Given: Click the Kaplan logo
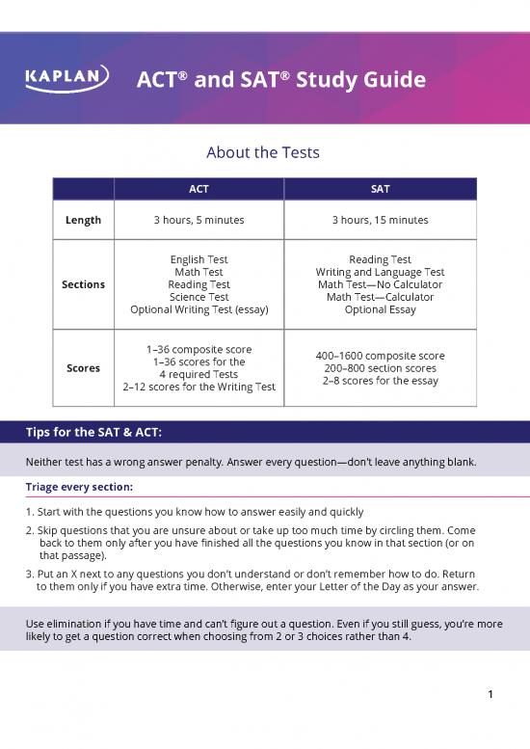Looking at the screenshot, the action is [x=66, y=79].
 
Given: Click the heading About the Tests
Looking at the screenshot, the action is [x=263, y=153].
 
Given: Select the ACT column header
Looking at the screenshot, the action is [x=199, y=189].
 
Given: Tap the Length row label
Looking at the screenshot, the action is [x=83, y=220].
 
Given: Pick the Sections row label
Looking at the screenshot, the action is [x=83, y=284].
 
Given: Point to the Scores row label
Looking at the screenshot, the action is [x=83, y=367].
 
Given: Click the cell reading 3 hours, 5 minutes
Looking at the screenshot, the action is [x=199, y=220].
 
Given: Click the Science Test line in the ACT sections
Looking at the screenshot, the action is [x=199, y=297].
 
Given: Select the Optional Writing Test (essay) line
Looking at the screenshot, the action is [x=199, y=309].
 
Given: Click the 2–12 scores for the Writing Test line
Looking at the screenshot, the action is [x=199, y=387].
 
